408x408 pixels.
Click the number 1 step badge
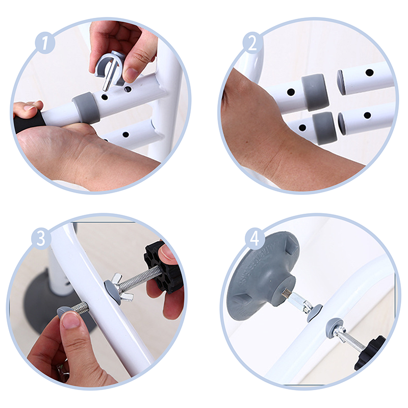pos(45,43)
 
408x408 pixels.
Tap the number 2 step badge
pos(252,43)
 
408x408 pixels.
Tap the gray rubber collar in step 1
pos(86,107)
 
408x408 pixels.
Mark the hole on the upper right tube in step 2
pos(369,73)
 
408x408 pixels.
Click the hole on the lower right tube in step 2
pos(367,116)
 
